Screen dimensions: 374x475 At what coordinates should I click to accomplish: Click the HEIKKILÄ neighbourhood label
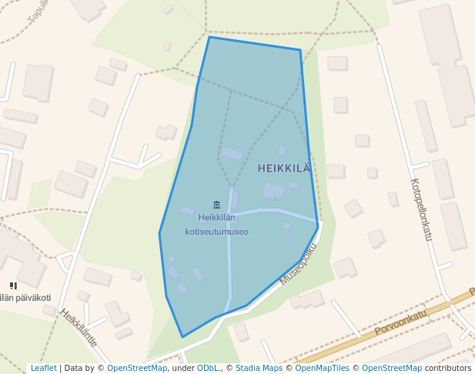(284, 168)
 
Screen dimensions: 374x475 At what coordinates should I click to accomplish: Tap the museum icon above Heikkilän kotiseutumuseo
(216, 204)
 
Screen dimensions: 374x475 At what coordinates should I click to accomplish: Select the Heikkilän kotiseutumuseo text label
(216, 224)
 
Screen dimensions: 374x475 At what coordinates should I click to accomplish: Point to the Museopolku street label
(298, 264)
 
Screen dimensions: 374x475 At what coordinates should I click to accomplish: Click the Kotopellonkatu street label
(421, 209)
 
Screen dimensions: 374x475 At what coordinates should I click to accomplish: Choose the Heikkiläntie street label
(79, 328)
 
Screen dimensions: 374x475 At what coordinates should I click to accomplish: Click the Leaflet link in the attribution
(43, 368)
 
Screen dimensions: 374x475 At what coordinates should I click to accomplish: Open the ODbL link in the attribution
(207, 368)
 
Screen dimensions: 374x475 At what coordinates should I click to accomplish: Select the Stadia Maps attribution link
(259, 368)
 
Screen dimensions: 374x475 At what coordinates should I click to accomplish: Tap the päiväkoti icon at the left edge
(13, 286)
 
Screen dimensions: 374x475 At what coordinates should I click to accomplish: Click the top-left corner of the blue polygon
(209, 37)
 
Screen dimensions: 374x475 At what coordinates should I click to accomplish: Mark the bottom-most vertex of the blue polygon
(182, 337)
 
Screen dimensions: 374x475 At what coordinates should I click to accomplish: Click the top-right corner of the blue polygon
(300, 50)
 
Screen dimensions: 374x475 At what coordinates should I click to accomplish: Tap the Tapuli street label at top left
(37, 9)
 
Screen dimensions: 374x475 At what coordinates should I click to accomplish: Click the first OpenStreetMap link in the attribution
(136, 368)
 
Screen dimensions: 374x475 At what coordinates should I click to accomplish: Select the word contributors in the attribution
(447, 368)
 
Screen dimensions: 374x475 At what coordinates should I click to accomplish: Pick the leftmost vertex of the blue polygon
(159, 232)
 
